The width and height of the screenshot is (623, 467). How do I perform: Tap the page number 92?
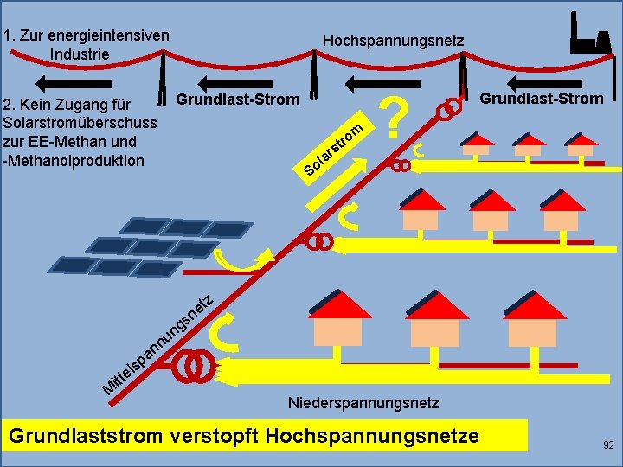pyautogui.click(x=607, y=445)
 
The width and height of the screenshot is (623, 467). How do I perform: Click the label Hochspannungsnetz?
pyautogui.click(x=393, y=41)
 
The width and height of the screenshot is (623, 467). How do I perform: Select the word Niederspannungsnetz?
pyautogui.click(x=363, y=403)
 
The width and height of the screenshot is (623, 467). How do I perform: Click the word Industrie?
pyautogui.click(x=80, y=54)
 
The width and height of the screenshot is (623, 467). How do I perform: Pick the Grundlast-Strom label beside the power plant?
pyautogui.click(x=542, y=98)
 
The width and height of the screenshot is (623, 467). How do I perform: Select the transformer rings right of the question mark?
pyautogui.click(x=447, y=111)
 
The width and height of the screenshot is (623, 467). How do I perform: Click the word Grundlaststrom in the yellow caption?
pyautogui.click(x=85, y=435)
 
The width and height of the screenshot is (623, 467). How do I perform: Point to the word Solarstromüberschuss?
pyautogui.click(x=80, y=122)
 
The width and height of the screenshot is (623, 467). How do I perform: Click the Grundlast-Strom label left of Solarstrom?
pyautogui.click(x=238, y=99)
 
